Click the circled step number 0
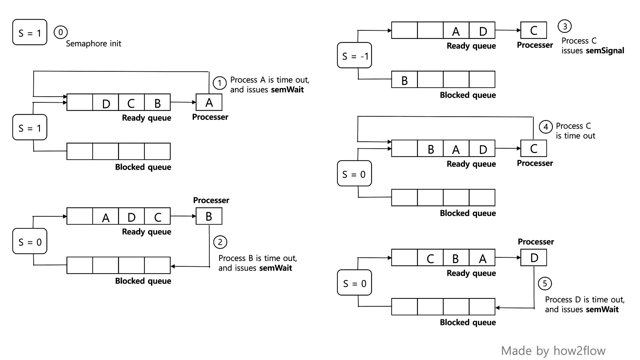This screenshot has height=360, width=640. pyautogui.click(x=61, y=32)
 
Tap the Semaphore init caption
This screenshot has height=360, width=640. pyautogui.click(x=93, y=44)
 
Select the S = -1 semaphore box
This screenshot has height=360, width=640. pyautogui.click(x=354, y=55)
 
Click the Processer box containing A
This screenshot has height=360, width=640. pyautogui.click(x=209, y=102)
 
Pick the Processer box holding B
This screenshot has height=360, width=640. pyautogui.click(x=209, y=216)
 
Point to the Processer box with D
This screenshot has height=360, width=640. pyautogui.click(x=534, y=258)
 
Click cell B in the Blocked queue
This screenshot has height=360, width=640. pyautogui.click(x=404, y=80)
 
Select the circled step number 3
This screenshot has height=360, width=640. pyautogui.click(x=565, y=26)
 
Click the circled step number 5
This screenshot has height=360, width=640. pyautogui.click(x=545, y=284)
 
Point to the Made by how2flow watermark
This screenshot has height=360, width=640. pyautogui.click(x=553, y=351)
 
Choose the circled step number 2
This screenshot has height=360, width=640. pyautogui.click(x=220, y=242)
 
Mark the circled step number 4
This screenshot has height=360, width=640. pyautogui.click(x=546, y=127)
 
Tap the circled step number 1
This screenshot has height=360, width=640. pyautogui.click(x=219, y=83)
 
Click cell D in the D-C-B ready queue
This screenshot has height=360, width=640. pyautogui.click(x=106, y=103)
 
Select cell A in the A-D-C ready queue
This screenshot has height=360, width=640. pyautogui.click(x=106, y=217)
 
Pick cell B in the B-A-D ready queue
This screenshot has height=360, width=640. pyautogui.click(x=430, y=149)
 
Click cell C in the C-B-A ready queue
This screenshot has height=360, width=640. pyautogui.click(x=430, y=258)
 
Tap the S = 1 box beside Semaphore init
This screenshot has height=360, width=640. pyautogui.click(x=30, y=32)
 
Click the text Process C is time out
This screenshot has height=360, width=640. pyautogui.click(x=575, y=131)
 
